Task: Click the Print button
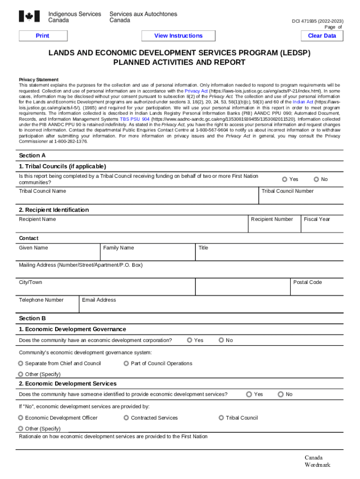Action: (42, 36)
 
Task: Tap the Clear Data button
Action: (322, 36)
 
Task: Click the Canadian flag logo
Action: (30, 17)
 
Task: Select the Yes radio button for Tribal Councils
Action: (285, 180)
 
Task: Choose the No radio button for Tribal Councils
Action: (317, 180)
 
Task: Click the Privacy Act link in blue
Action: (196, 91)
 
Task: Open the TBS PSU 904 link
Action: (135, 119)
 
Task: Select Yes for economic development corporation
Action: (190, 340)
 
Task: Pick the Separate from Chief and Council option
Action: (21, 363)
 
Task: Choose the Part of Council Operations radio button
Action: (127, 363)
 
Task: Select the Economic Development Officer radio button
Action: (21, 418)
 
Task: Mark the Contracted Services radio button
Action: (127, 418)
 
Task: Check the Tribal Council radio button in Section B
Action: (222, 418)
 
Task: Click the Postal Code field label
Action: (307, 283)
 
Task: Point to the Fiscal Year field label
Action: (317, 219)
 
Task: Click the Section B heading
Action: (32, 319)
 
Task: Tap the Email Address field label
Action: (99, 300)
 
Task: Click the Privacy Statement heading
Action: (38, 80)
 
